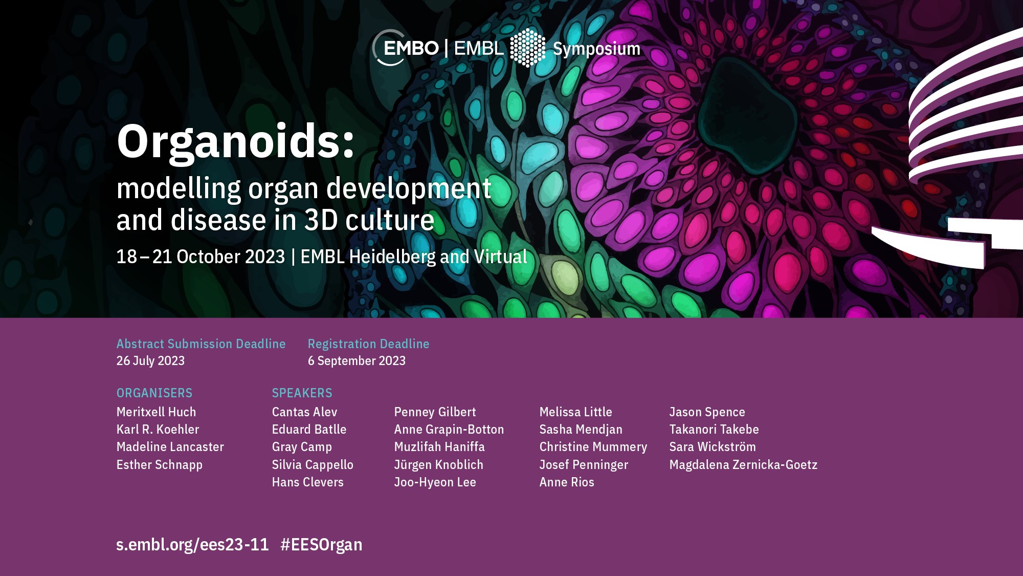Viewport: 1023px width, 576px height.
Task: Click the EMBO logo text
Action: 411,48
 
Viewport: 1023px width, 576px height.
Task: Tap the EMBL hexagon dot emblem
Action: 528,48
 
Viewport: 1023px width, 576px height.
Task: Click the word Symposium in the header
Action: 596,49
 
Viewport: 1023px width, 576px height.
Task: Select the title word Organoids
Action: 236,142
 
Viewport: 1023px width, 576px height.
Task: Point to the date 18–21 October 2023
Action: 201,257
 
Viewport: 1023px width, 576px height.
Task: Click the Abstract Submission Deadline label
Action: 201,344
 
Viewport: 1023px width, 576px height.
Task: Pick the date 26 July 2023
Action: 150,360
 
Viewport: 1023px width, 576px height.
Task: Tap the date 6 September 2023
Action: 357,360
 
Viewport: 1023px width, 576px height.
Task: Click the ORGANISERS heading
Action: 154,393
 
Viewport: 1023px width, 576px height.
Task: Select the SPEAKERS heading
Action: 302,393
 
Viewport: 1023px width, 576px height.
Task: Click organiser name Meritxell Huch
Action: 156,412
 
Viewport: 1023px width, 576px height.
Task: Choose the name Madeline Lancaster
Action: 170,446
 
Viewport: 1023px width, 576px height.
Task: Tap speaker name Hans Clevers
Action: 307,482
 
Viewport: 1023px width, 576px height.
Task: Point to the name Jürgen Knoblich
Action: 438,464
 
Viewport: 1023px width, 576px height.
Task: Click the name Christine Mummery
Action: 593,447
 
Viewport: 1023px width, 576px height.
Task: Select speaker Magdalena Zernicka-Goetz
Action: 743,464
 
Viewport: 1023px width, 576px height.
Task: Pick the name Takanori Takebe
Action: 714,429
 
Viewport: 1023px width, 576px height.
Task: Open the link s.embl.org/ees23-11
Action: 192,544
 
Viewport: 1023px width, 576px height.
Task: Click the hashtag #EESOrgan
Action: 321,544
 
